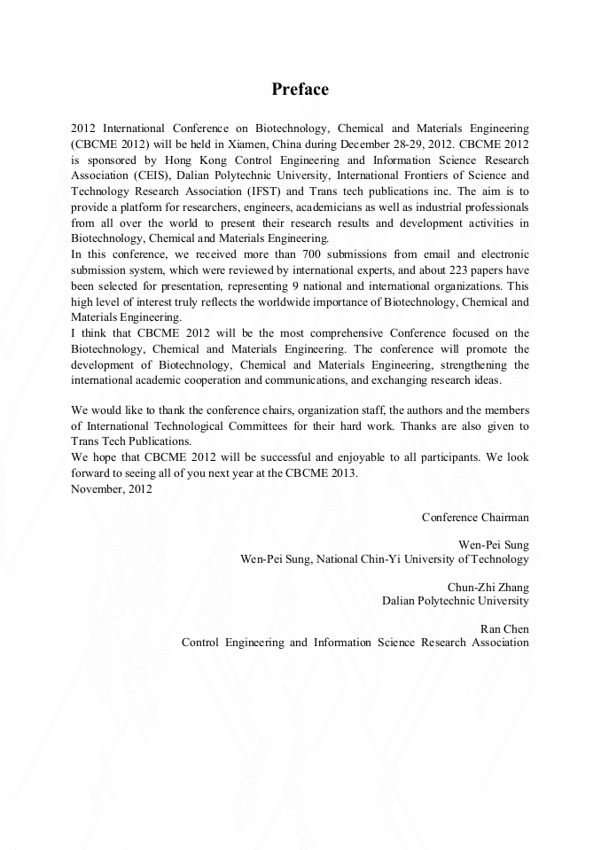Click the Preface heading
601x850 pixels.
[x=300, y=90]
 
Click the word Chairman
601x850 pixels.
[x=505, y=517]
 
